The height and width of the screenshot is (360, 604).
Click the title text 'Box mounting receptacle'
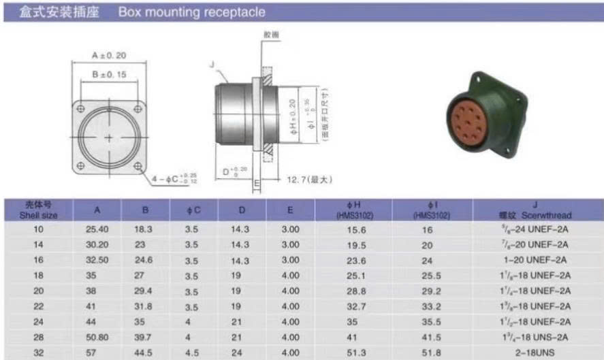click(191, 12)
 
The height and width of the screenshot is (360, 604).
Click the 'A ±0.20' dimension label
click(109, 56)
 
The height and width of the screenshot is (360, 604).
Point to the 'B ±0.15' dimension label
click(109, 74)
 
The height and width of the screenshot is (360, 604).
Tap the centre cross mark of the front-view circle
click(110, 137)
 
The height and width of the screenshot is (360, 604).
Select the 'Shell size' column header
click(38, 210)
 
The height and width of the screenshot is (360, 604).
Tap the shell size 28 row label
click(38, 336)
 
